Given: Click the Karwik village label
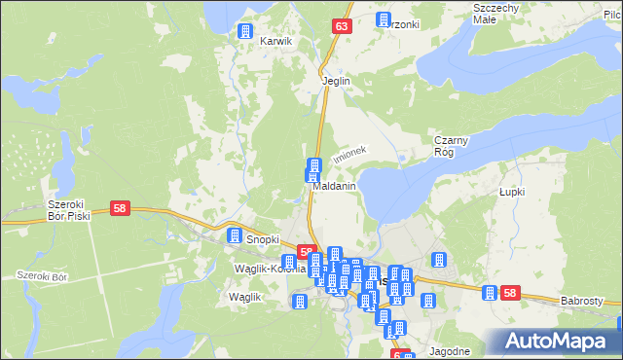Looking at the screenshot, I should [275, 42].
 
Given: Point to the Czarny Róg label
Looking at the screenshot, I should [452, 145].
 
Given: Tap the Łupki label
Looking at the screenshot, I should [511, 192].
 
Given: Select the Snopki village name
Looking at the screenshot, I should [263, 238].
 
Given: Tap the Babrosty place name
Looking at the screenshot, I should [582, 302].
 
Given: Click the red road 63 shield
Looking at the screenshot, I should [340, 27].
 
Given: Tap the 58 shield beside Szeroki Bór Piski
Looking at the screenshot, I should [121, 208].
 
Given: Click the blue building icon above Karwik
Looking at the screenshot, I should [245, 31].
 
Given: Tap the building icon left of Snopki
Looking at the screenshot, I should [235, 235].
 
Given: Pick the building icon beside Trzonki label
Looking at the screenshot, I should [383, 20].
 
